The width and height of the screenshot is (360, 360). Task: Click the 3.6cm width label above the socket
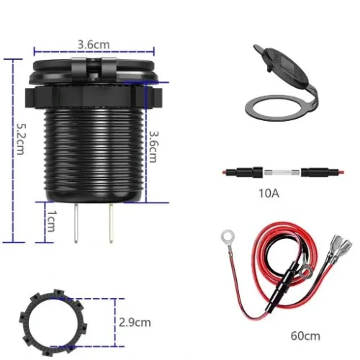click(94, 44)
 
